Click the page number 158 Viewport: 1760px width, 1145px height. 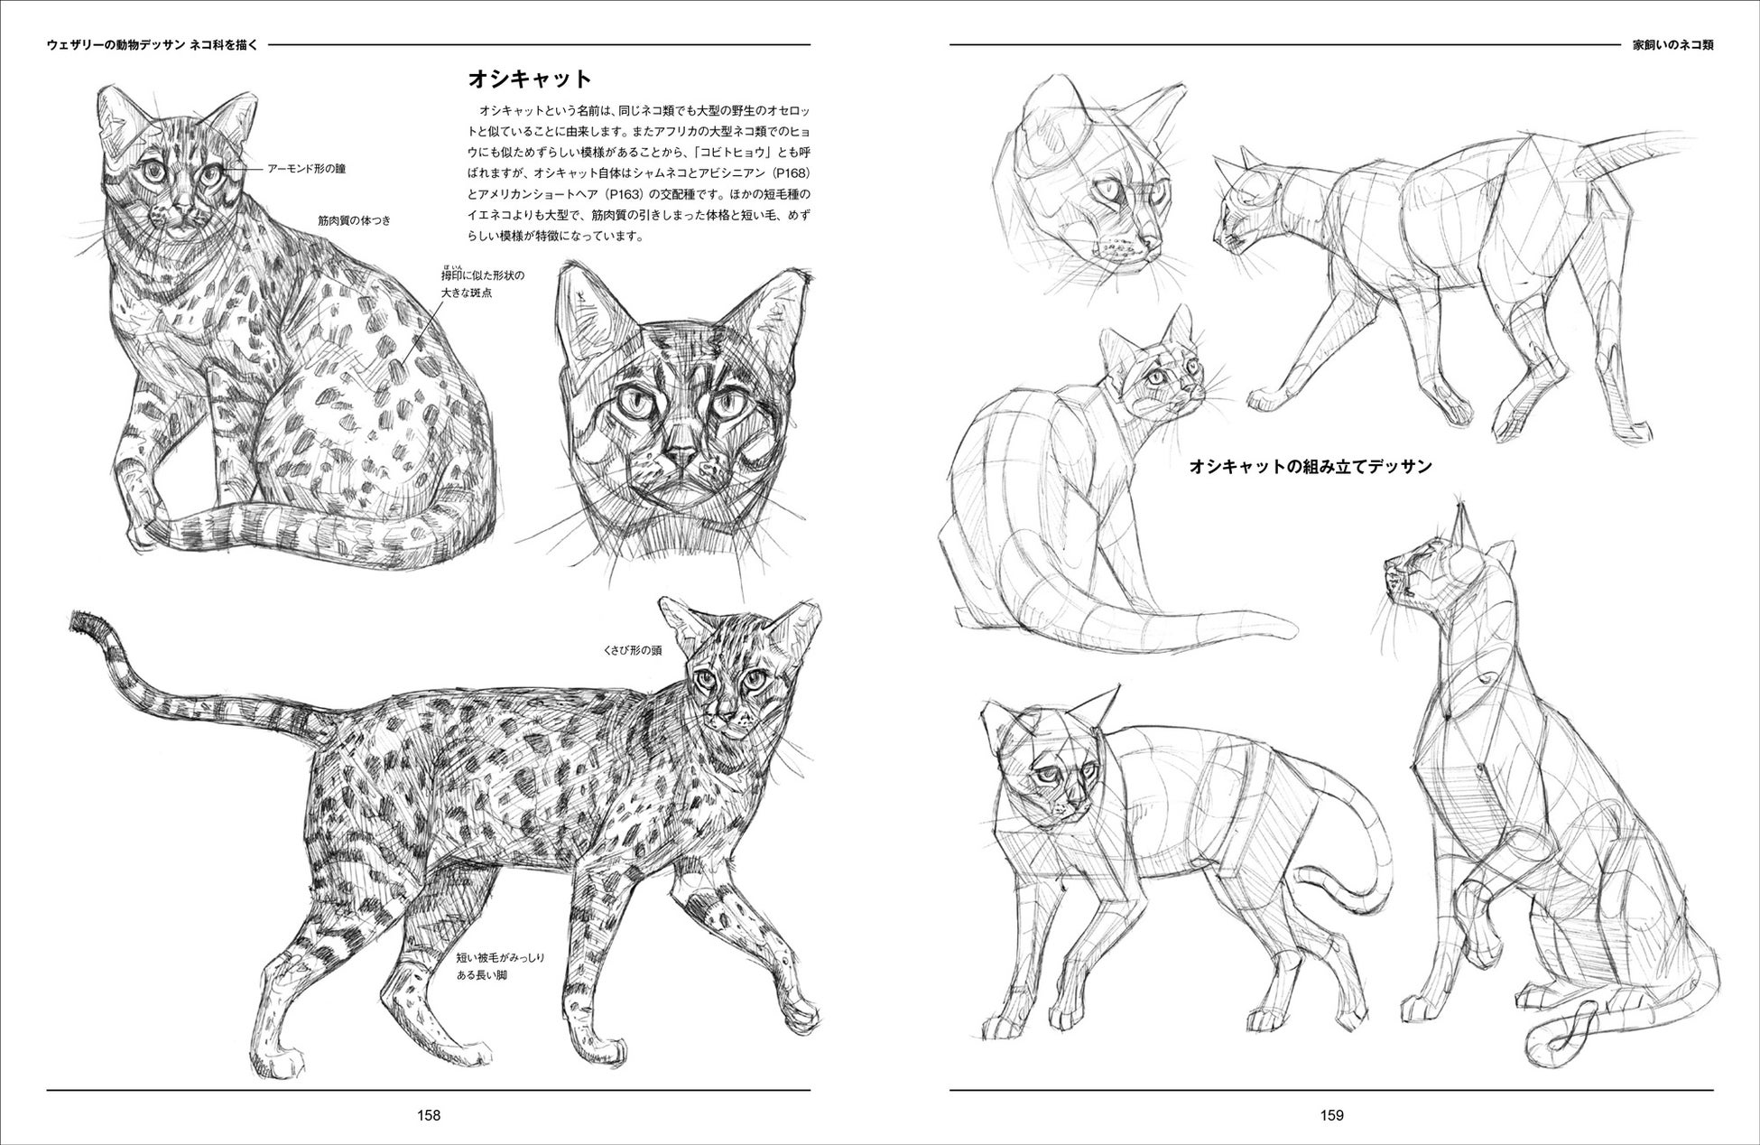[429, 1114]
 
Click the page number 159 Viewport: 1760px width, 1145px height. [1332, 1114]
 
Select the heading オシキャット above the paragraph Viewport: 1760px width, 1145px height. [529, 79]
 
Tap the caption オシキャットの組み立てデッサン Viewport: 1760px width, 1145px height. [1311, 467]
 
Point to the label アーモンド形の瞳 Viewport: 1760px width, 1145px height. [306, 168]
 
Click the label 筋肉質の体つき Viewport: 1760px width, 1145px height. [354, 219]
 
